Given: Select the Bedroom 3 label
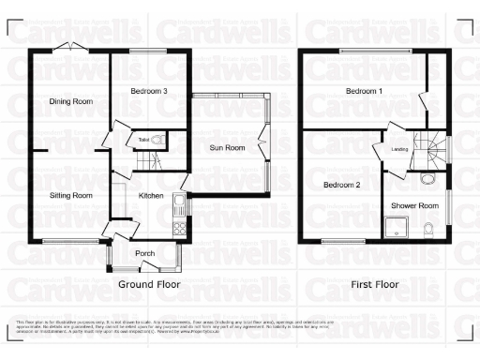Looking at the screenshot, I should [x=151, y=91].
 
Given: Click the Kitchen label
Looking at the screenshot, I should [x=151, y=195].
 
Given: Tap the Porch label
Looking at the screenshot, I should [x=144, y=253].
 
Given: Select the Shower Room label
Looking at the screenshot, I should [x=415, y=205].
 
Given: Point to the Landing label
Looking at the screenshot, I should [x=398, y=148].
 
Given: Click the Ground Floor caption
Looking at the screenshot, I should [x=148, y=283].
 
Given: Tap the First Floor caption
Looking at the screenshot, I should [x=375, y=283].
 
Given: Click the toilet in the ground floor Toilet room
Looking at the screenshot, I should [x=158, y=141].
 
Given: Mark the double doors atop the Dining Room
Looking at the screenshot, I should [x=69, y=50].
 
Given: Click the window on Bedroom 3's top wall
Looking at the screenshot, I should [x=148, y=51].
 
